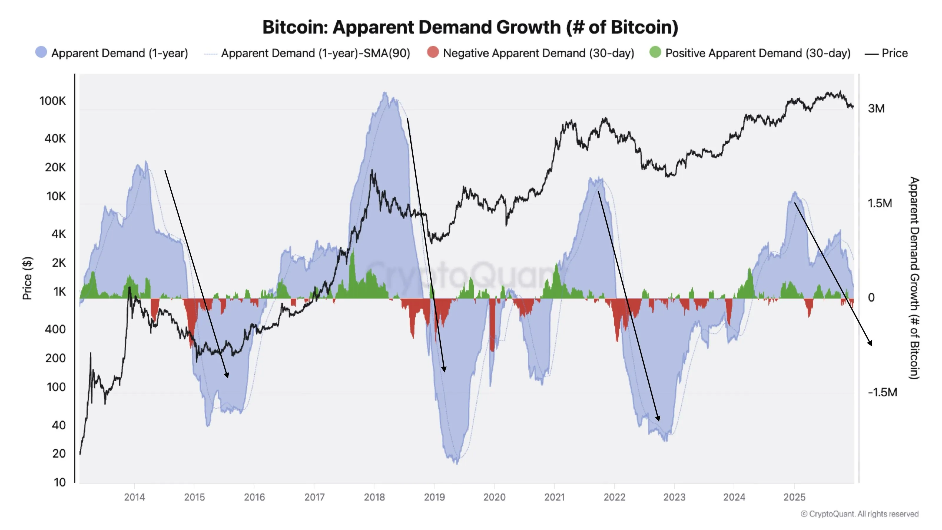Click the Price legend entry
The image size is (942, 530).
tap(886, 53)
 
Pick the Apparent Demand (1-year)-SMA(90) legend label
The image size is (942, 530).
tap(315, 53)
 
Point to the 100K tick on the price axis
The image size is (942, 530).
tap(53, 101)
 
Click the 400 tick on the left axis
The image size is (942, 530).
tap(55, 329)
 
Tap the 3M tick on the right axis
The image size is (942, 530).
tap(876, 109)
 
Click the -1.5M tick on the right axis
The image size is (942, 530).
tap(882, 392)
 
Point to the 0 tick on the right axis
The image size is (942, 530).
tap(871, 298)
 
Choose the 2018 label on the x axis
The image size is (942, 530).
tap(374, 497)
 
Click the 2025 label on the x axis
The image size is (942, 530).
tap(794, 497)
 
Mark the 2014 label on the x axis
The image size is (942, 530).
tap(134, 497)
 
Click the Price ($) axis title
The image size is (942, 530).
tap(27, 278)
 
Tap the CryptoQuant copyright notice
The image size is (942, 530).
tap(859, 514)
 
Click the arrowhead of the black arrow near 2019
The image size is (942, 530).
tap(444, 370)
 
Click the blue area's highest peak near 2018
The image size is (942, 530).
tap(385, 94)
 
